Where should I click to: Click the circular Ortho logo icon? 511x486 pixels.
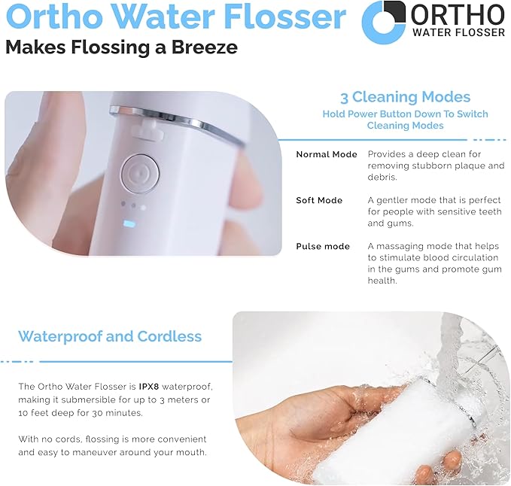(384, 22)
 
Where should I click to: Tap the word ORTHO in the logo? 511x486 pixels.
(458, 14)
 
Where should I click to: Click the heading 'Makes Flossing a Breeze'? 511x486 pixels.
(121, 47)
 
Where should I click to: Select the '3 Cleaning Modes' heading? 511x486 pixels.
(405, 97)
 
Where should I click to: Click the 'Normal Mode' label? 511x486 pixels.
(326, 154)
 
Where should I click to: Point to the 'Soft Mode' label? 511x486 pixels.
(319, 200)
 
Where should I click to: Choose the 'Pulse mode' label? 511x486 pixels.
(322, 246)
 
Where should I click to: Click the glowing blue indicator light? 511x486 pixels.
(128, 223)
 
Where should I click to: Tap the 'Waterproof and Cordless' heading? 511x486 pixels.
(110, 336)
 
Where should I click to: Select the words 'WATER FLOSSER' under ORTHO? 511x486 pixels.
(458, 32)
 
